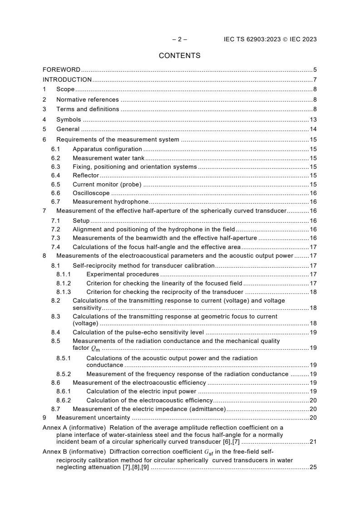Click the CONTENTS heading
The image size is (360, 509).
point(179,56)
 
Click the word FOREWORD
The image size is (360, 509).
point(61,70)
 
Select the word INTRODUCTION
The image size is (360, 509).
point(67,80)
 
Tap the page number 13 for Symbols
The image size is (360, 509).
point(313,120)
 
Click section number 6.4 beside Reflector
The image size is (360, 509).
point(55,176)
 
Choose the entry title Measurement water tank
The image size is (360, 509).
point(108,158)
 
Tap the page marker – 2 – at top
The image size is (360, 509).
point(179,39)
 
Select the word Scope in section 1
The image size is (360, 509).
point(65,89)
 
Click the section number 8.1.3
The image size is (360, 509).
point(64,292)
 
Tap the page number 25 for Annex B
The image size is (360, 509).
point(313,467)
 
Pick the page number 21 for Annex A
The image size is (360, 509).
point(313,442)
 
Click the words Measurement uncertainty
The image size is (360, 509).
point(93,418)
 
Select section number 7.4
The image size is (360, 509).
point(55,247)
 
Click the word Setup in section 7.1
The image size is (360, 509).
point(81,221)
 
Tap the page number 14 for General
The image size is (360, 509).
point(313,129)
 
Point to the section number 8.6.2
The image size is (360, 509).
point(64,400)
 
